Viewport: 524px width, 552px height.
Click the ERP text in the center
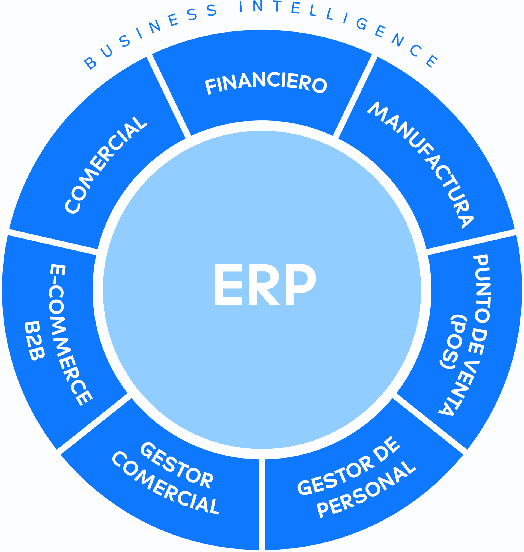265,284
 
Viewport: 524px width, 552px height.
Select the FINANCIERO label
266,83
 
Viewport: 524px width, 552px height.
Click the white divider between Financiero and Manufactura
355,96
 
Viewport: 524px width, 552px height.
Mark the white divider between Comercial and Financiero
169,96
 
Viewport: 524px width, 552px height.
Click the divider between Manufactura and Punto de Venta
471,242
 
